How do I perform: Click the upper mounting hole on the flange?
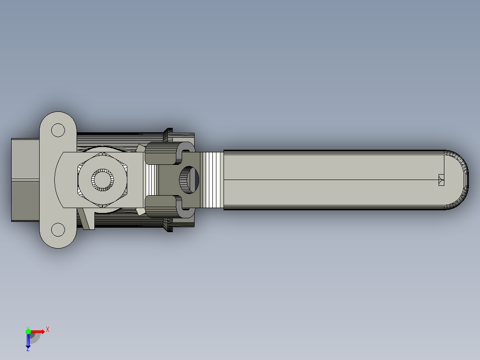[58, 130]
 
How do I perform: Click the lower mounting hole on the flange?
[58, 230]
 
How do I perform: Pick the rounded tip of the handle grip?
[461, 180]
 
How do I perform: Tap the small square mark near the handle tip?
[441, 180]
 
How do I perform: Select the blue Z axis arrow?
[28, 341]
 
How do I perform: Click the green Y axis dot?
[28, 331]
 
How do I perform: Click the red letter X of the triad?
[48, 329]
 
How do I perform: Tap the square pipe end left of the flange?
[25, 180]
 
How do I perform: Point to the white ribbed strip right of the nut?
[152, 180]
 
